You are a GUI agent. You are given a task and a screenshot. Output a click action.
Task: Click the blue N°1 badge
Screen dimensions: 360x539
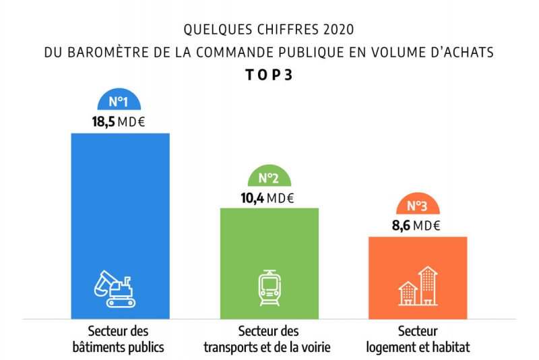pos(119,102)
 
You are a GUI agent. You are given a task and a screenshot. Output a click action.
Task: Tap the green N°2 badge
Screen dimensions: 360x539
pos(269,178)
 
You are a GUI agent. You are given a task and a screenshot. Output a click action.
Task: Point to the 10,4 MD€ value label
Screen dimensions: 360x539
pos(268,198)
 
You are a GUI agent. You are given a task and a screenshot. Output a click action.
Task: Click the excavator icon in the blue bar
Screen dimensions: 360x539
pos(114,289)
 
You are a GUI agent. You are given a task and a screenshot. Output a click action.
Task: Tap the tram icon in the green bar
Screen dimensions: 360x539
pos(269,289)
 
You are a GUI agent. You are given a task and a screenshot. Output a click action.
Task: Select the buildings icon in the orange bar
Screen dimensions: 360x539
pos(418,287)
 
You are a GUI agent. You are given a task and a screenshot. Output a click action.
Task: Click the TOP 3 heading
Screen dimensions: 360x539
pos(269,75)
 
